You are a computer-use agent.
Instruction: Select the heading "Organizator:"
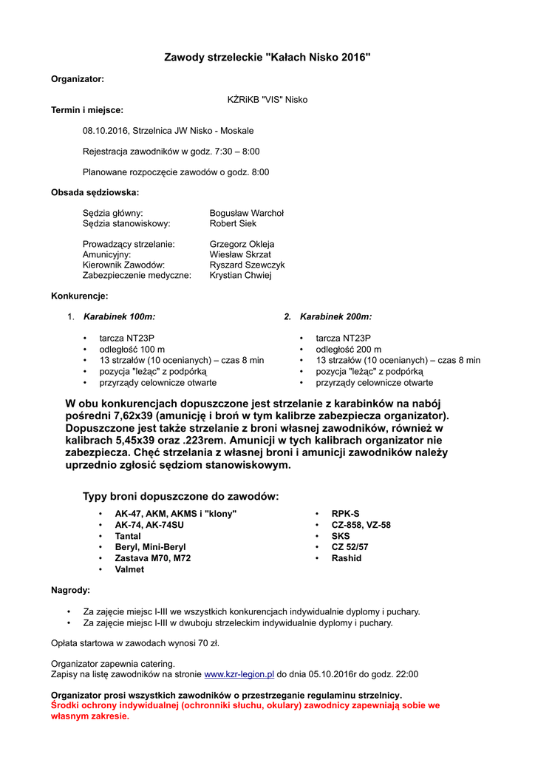77,78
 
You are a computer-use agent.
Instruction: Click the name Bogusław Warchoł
247,213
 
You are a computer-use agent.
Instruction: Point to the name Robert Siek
233,223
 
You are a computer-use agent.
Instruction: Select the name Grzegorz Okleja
242,244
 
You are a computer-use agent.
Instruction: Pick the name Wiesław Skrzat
240,254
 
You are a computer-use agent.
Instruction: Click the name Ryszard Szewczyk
247,265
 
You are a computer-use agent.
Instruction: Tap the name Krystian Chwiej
241,275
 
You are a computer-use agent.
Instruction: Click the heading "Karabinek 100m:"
120,316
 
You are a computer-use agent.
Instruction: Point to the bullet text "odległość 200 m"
349,349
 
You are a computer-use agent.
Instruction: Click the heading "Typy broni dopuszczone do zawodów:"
181,496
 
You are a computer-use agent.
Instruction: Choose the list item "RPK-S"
346,513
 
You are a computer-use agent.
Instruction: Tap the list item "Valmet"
129,569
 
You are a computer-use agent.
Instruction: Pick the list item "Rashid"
347,558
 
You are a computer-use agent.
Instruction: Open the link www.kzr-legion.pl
239,674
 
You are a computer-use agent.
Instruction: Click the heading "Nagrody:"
70,591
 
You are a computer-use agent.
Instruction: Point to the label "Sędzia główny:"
113,213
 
